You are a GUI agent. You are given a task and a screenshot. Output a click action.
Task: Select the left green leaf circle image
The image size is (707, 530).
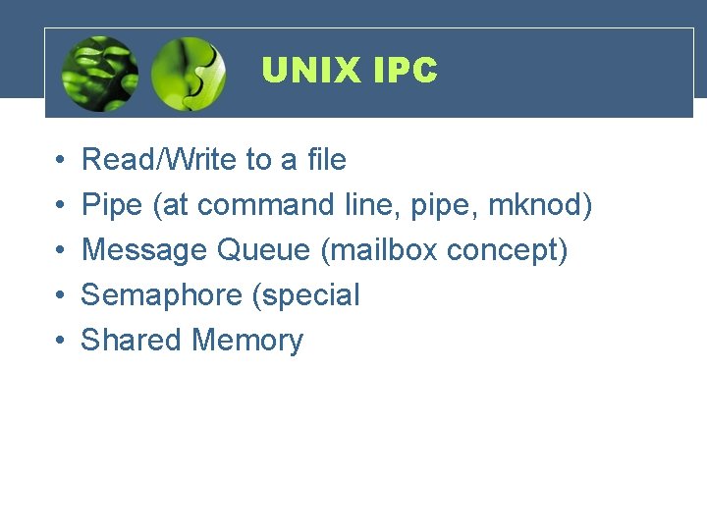(x=99, y=74)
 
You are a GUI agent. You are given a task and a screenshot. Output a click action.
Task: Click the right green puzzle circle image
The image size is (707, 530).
(x=189, y=74)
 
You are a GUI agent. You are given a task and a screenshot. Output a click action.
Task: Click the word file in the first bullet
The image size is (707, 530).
(x=326, y=159)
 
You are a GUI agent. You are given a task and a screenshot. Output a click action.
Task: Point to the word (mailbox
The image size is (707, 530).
(x=379, y=249)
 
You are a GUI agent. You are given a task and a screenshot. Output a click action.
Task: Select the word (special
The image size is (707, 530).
(x=305, y=295)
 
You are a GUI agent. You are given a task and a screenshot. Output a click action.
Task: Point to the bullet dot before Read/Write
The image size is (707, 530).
(x=60, y=160)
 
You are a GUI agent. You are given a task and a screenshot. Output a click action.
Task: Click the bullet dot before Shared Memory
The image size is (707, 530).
(x=60, y=341)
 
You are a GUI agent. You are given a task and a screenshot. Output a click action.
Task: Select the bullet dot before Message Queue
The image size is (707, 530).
(x=60, y=250)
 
